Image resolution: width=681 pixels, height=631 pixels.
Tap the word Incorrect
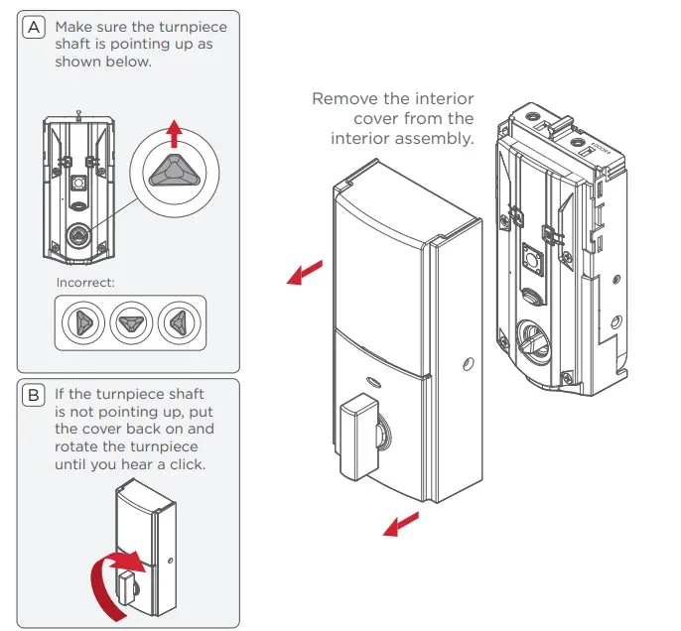pyautogui.click(x=85, y=282)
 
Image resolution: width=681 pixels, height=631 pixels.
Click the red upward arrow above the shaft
pyautogui.click(x=175, y=132)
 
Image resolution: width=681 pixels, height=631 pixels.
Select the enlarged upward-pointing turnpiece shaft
pyautogui.click(x=175, y=172)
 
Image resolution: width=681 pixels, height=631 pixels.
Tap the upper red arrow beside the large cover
pyautogui.click(x=307, y=271)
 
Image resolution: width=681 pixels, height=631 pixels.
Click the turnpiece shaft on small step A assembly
pyautogui.click(x=76, y=236)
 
